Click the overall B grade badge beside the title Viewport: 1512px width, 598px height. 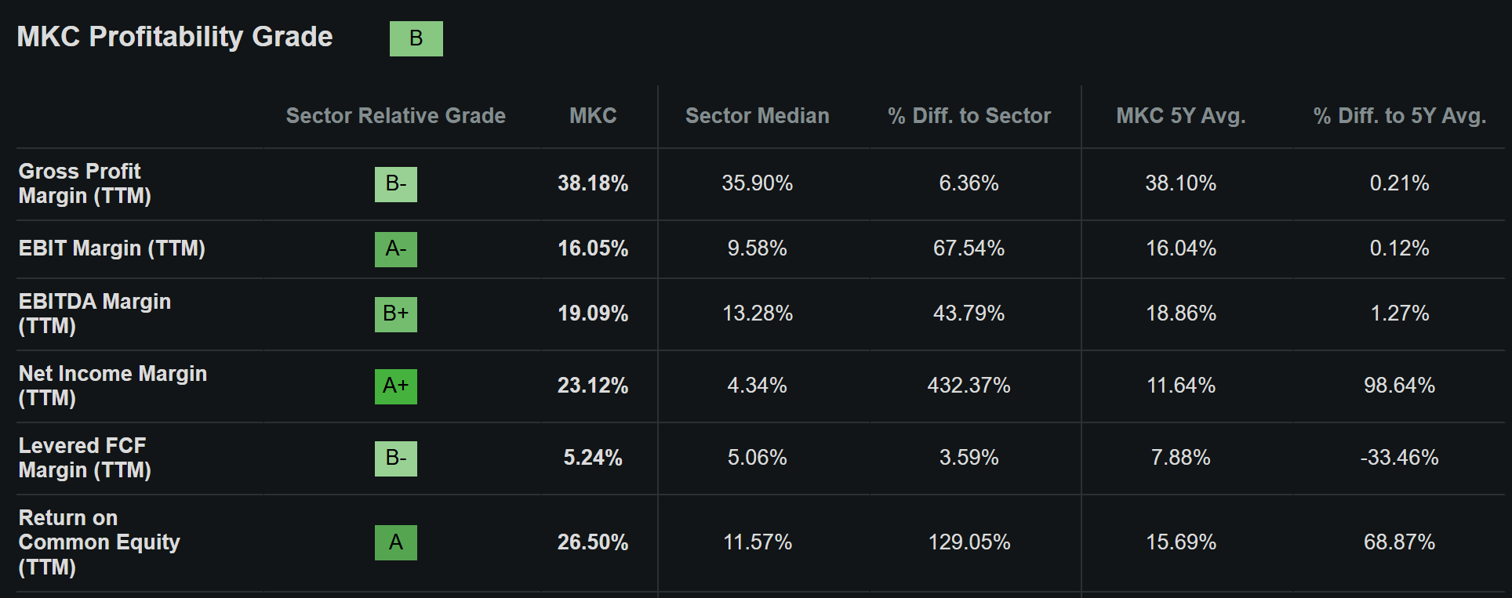point(416,38)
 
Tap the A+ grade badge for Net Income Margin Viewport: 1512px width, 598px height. point(396,386)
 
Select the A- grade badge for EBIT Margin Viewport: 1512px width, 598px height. point(396,249)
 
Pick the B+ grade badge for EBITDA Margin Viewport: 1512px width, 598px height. point(396,314)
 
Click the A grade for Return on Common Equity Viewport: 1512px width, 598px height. point(396,542)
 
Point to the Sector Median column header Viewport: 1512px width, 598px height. point(757,116)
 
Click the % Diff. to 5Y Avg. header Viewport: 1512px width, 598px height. point(1400,116)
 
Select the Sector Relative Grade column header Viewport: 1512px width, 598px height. point(395,116)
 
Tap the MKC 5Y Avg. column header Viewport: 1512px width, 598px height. point(1181,116)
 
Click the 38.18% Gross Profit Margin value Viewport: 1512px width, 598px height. point(593,183)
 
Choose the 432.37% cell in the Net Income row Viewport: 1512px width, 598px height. point(969,386)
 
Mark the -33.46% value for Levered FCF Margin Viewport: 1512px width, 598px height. point(1399,458)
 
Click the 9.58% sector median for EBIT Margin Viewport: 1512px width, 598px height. point(757,248)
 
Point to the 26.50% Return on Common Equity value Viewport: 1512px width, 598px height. point(593,542)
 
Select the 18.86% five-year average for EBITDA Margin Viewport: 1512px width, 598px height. point(1181,313)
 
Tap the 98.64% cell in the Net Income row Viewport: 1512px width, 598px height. point(1399,386)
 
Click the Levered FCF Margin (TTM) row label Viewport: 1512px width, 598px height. point(85,458)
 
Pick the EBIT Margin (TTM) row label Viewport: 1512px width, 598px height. point(111,248)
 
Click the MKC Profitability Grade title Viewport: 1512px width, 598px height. point(175,37)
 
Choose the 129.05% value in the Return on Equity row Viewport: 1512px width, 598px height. point(969,542)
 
